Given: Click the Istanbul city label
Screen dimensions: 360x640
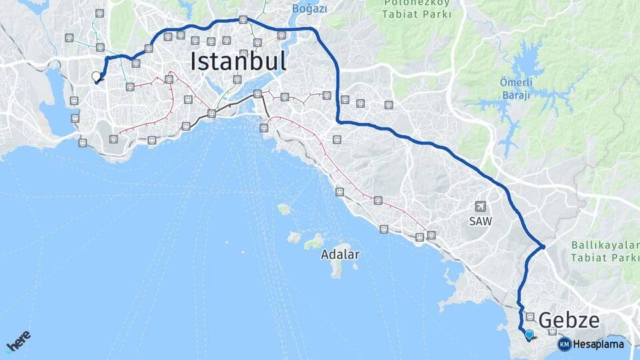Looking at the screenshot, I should click(x=239, y=61).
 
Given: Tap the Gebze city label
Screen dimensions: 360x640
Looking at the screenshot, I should click(x=569, y=321).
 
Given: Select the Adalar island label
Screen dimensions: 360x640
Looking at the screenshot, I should click(x=340, y=254).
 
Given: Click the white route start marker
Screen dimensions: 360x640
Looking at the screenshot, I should click(x=96, y=77).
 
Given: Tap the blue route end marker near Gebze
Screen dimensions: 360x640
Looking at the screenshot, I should click(x=529, y=335).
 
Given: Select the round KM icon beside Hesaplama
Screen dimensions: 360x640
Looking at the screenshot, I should click(x=564, y=345).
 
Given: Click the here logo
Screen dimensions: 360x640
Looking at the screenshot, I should click(x=19, y=342).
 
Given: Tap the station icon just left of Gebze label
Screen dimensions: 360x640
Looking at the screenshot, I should click(x=530, y=317).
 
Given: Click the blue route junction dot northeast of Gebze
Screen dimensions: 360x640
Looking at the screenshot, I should click(x=543, y=247).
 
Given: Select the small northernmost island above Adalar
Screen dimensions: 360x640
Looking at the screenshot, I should click(x=284, y=209).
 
